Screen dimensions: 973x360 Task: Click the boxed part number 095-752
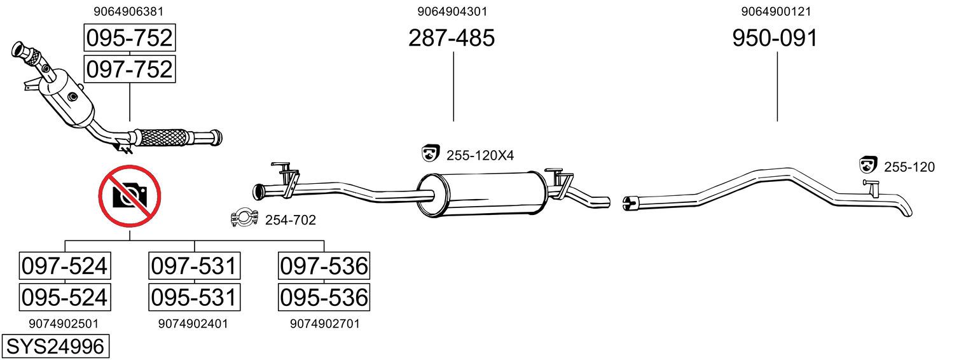click(130, 38)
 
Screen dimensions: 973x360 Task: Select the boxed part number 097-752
click(130, 69)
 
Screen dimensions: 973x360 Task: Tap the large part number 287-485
click(452, 38)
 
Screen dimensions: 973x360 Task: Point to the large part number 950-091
click(775, 38)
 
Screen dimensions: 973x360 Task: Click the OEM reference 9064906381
click(128, 11)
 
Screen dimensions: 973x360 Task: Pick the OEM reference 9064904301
click(452, 11)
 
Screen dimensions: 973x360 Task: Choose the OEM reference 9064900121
click(776, 11)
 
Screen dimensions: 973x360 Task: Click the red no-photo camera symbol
click(130, 196)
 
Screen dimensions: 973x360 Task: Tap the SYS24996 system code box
click(55, 346)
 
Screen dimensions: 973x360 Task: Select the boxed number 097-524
click(65, 266)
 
